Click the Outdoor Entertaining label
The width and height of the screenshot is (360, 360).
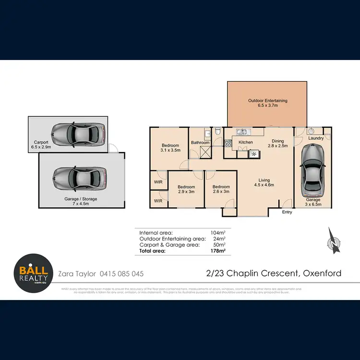click(x=267, y=101)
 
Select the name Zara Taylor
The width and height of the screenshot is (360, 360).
click(x=77, y=274)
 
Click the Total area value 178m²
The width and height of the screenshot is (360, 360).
click(x=218, y=251)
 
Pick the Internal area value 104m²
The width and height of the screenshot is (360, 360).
click(x=218, y=232)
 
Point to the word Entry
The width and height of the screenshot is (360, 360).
click(x=287, y=212)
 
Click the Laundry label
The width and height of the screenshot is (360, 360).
click(x=316, y=138)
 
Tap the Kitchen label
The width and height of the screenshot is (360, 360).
click(x=246, y=143)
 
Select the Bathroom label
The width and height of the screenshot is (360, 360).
click(x=200, y=143)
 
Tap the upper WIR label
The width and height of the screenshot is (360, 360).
click(x=158, y=182)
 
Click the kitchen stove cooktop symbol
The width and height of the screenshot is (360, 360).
click(x=228, y=143)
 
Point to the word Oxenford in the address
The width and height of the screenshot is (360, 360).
click(x=322, y=274)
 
